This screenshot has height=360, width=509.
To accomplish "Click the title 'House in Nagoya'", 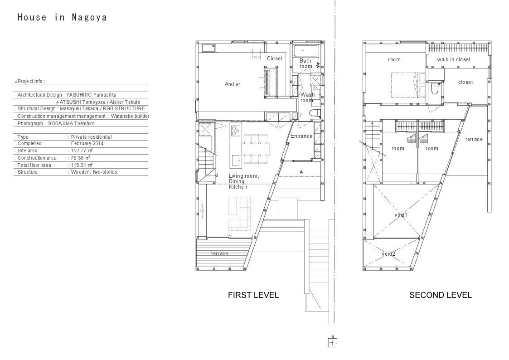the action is click(x=62, y=17).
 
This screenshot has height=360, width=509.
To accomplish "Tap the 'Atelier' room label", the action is click(x=233, y=84).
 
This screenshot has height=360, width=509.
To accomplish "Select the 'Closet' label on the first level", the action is click(x=275, y=58).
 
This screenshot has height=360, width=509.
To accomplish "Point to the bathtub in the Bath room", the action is click(x=306, y=51).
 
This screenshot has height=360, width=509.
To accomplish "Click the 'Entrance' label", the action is click(x=301, y=136).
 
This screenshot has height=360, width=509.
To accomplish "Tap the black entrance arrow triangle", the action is click(x=301, y=171).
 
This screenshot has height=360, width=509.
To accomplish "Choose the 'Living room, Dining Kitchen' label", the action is click(x=244, y=181).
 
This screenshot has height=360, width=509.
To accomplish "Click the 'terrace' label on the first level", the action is click(x=219, y=253).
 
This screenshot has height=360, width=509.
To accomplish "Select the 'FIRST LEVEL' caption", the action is click(x=253, y=295).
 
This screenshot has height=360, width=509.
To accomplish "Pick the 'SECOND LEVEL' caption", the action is click(x=440, y=295).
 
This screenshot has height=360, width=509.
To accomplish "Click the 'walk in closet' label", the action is click(x=454, y=59).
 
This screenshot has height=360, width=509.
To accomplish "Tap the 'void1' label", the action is click(x=401, y=215).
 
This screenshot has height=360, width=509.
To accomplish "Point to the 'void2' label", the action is click(x=388, y=254).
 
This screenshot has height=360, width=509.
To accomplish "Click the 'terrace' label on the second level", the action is click(x=474, y=139).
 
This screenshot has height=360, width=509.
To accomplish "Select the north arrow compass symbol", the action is click(x=332, y=342).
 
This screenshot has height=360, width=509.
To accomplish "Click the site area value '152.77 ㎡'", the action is click(x=82, y=151).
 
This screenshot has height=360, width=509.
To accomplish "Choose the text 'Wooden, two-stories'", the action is click(x=94, y=172).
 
